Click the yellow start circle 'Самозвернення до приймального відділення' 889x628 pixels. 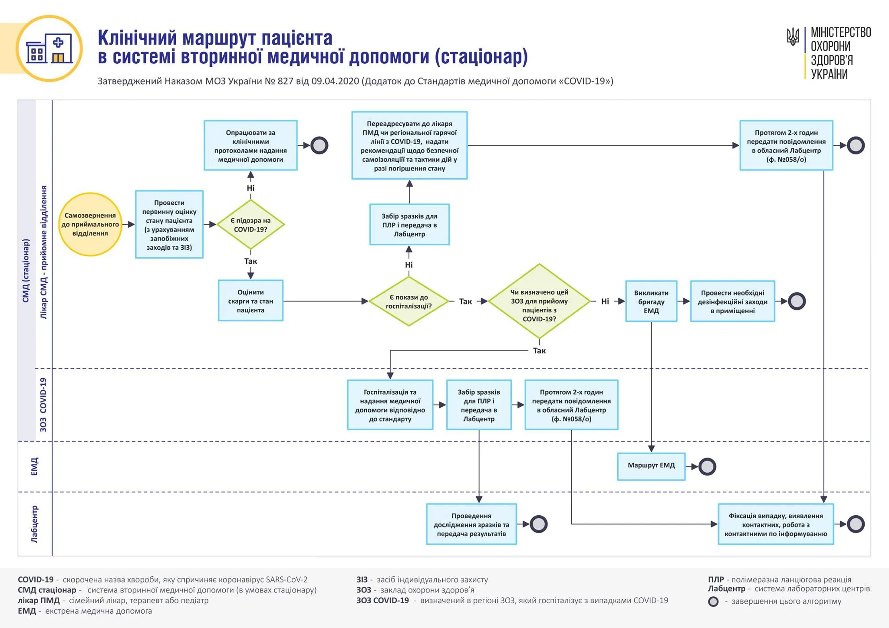pyautogui.click(x=90, y=224)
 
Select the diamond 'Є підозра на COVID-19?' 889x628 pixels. pyautogui.click(x=250, y=225)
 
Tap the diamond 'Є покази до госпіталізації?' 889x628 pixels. pyautogui.click(x=408, y=301)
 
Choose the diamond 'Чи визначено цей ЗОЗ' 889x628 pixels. pyautogui.click(x=539, y=301)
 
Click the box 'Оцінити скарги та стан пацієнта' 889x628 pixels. pyautogui.click(x=250, y=301)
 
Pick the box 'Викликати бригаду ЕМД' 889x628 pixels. pyautogui.click(x=651, y=301)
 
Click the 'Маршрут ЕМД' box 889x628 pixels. pyautogui.click(x=651, y=466)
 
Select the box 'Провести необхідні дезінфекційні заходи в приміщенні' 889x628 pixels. pyautogui.click(x=732, y=301)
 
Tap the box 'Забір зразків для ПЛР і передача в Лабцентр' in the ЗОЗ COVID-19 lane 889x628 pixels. pyautogui.click(x=479, y=405)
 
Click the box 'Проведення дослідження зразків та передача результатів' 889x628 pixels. pyautogui.click(x=471, y=524)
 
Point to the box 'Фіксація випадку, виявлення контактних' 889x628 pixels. pyautogui.click(x=776, y=524)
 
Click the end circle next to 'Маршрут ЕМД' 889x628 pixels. pyautogui.click(x=707, y=467)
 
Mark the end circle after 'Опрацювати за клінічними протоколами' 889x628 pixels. pyautogui.click(x=319, y=145)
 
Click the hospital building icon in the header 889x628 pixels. pyautogui.click(x=49, y=49)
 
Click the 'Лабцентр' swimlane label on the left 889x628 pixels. pyautogui.click(x=35, y=524)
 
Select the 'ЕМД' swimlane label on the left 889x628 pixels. pyautogui.click(x=35, y=467)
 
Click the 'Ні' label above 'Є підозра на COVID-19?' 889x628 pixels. pyautogui.click(x=250, y=188)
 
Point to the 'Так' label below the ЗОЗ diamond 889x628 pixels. pyautogui.click(x=539, y=350)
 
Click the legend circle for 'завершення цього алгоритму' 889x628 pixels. pyautogui.click(x=713, y=602)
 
